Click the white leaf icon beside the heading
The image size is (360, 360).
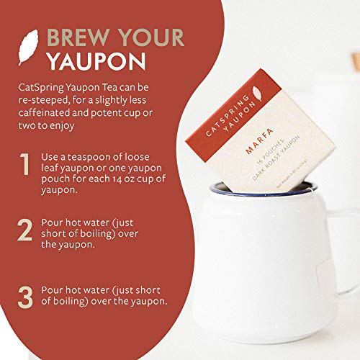(28, 48)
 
